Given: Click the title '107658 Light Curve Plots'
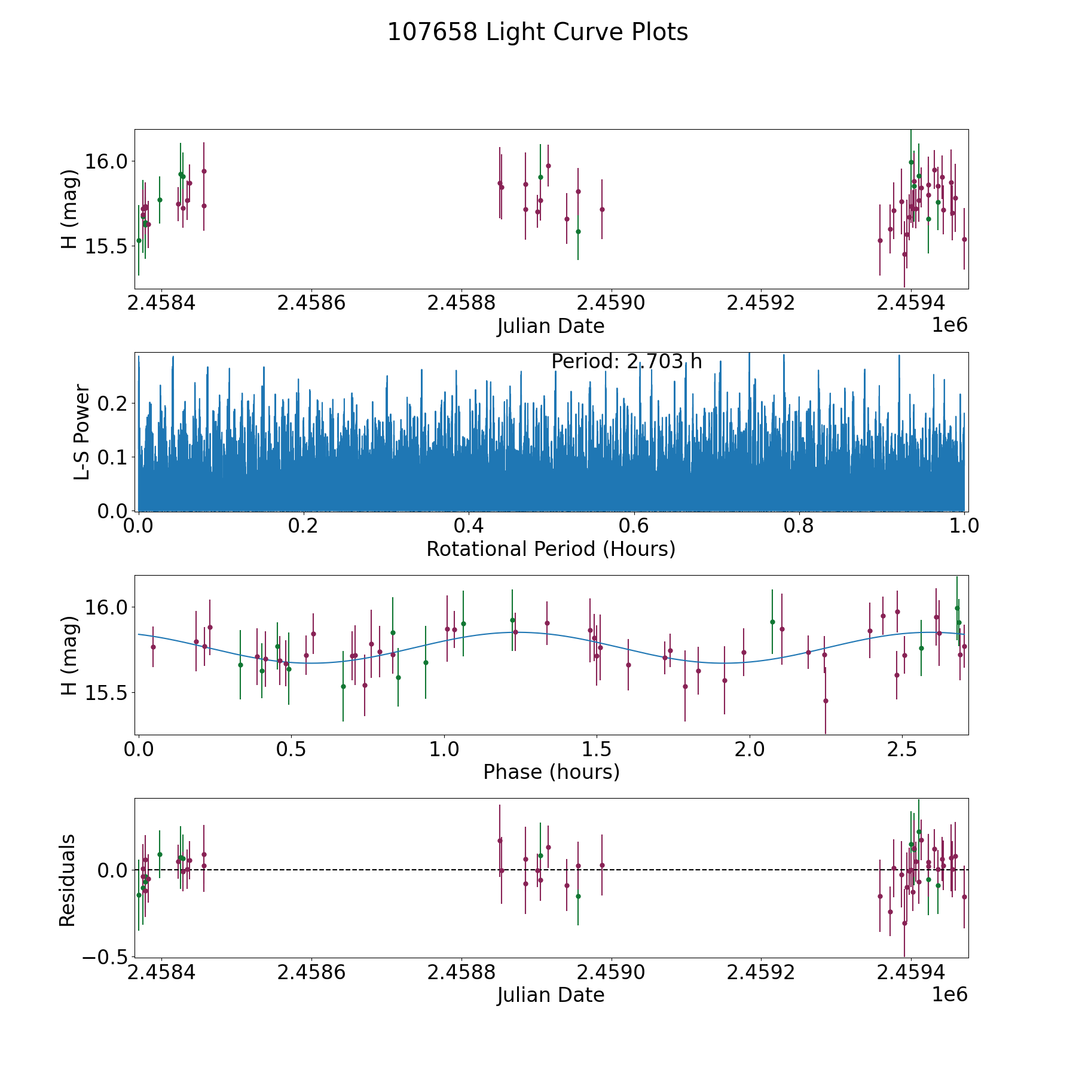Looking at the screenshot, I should point(537,32).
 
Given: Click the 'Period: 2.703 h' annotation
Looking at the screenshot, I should point(626,362).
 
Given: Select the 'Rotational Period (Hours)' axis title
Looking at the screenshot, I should point(551,549).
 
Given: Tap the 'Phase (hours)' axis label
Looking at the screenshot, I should point(551,772).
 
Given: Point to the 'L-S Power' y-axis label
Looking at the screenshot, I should point(82,432).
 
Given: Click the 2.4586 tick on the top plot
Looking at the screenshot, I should point(311,302).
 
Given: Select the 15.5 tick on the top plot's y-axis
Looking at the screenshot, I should point(105,246).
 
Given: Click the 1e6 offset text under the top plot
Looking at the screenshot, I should point(949,325).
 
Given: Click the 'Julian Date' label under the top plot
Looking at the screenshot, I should point(551,326).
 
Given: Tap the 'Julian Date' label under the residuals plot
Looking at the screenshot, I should point(551,995).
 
